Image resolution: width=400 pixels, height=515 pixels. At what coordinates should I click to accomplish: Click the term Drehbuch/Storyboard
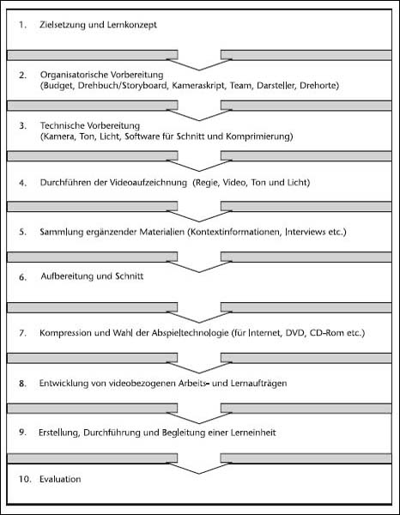pyautogui.click(x=123, y=86)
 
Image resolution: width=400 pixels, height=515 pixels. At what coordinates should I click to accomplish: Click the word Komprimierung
pyautogui.click(x=259, y=136)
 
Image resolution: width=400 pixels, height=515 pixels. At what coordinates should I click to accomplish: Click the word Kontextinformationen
pyautogui.click(x=234, y=232)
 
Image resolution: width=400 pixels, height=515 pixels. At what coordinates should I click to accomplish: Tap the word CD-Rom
pyautogui.click(x=326, y=333)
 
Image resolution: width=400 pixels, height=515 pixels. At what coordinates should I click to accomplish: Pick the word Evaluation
pyautogui.click(x=60, y=479)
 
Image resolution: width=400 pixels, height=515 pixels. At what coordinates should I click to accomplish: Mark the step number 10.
pyautogui.click(x=24, y=479)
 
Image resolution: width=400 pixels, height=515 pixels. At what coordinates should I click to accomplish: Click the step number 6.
pyautogui.click(x=22, y=277)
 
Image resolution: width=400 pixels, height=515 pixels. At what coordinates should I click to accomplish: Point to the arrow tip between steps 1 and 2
pyautogui.click(x=199, y=70)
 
